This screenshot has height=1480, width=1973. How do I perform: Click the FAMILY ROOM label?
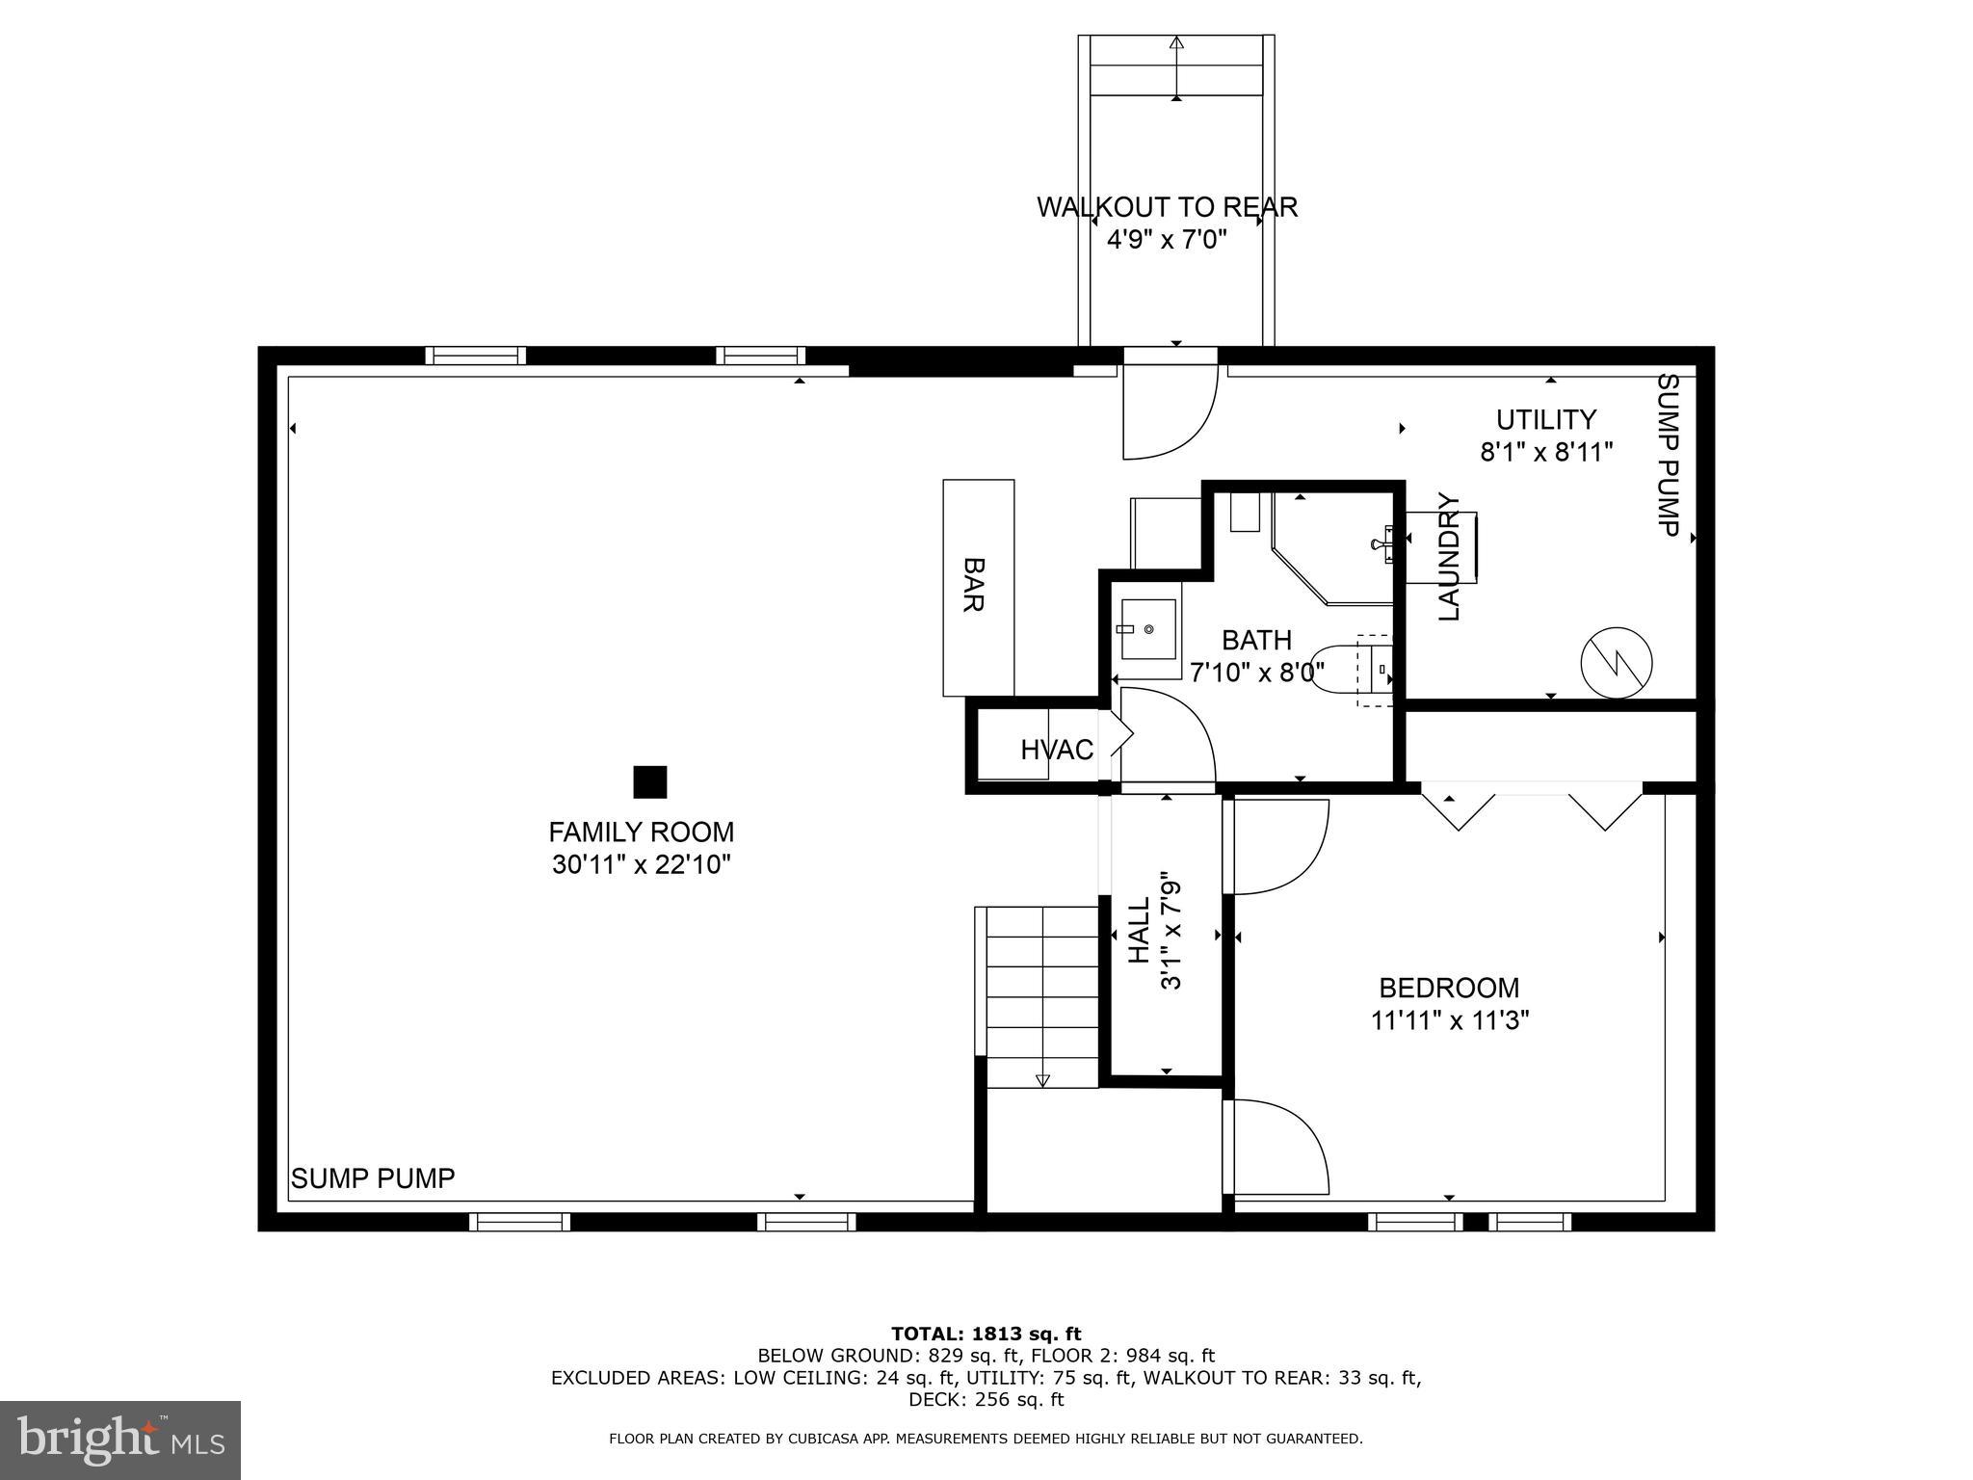[x=641, y=832]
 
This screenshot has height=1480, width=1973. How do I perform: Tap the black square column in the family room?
[x=649, y=782]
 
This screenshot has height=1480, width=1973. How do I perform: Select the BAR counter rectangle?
[x=978, y=588]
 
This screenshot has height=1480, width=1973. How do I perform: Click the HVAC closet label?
[x=1057, y=750]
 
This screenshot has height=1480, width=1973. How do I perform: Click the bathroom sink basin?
[x=1147, y=628]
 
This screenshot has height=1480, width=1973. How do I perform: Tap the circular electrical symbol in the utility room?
[x=1617, y=663]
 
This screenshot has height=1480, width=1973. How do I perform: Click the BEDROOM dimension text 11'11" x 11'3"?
[x=1450, y=1020]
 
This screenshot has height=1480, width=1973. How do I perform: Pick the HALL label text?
[x=1140, y=930]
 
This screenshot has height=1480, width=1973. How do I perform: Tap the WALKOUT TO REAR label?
[x=1167, y=207]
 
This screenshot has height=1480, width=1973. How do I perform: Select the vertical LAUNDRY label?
[x=1449, y=557]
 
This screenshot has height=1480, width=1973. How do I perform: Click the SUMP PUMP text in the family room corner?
[x=373, y=1178]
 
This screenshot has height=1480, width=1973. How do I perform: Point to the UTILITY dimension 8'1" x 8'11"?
[x=1546, y=452]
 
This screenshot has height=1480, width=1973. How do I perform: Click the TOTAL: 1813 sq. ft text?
[x=986, y=1334]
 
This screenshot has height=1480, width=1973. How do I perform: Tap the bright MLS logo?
[x=120, y=1440]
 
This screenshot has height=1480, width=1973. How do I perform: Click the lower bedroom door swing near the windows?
[x=1276, y=1147]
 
